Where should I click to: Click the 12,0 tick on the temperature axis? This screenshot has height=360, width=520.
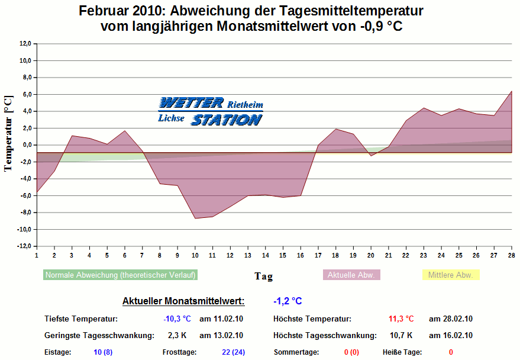tap(25, 43)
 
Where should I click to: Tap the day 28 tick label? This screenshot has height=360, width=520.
tap(511, 255)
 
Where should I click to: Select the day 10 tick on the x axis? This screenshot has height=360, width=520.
tap(195, 255)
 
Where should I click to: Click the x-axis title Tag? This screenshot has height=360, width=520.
tap(263, 276)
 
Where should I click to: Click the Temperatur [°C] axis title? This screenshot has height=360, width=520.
tap(8, 133)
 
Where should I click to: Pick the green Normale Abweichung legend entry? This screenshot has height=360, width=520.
tap(120, 275)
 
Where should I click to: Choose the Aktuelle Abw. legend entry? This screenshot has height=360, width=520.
tap(351, 275)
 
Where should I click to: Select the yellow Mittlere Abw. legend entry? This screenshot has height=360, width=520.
tap(450, 275)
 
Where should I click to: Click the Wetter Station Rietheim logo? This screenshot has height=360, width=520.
tap(210, 111)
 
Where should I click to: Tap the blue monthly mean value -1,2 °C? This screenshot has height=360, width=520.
tap(288, 301)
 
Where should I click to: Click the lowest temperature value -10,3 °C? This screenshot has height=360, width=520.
tap(177, 319)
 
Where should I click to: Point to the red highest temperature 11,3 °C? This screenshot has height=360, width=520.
tap(401, 319)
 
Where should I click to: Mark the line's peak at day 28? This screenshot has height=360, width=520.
tap(511, 91)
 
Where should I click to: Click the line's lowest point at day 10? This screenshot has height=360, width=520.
tap(195, 218)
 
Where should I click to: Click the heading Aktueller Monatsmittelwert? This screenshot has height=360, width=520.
tap(183, 301)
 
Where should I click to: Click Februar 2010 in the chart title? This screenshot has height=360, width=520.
tap(120, 11)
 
